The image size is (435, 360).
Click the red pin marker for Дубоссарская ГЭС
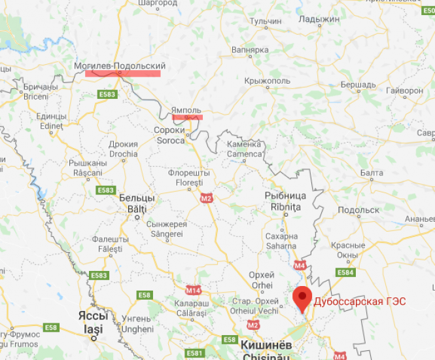(302, 298)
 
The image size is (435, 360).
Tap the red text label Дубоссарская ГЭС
(360, 302)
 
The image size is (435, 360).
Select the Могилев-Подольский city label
(119, 66)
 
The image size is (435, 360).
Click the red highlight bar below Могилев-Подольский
(122, 73)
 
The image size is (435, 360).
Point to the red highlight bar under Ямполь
(187, 117)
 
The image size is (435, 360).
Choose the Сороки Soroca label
(169, 135)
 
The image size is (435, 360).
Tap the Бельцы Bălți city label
(137, 202)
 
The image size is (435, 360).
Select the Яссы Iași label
(92, 319)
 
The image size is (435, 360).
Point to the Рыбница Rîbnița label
(285, 201)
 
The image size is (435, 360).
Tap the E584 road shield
(344, 272)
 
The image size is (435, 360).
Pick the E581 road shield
(194, 353)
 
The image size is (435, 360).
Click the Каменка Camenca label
(244, 149)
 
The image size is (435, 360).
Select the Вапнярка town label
(251, 50)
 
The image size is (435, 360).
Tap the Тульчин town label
(266, 22)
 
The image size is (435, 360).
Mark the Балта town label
(372, 172)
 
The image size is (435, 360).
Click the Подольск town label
(358, 210)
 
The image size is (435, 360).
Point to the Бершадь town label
(358, 84)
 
